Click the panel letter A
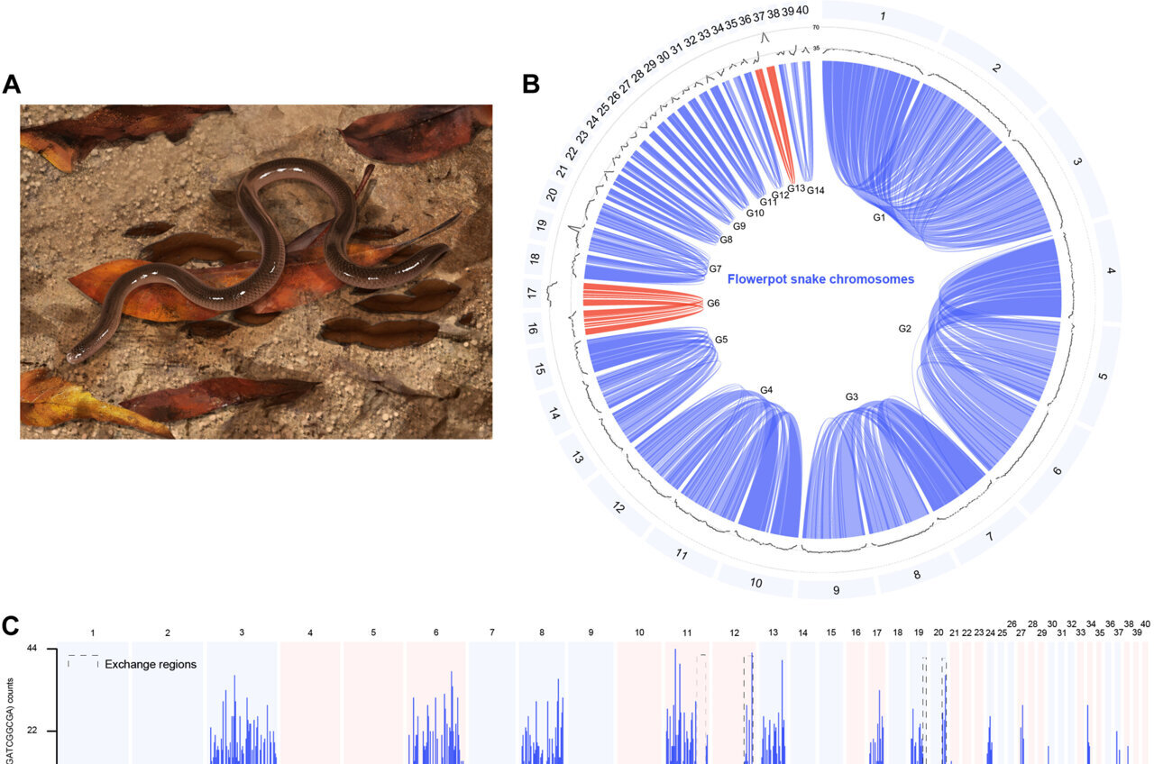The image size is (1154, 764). [x=12, y=84]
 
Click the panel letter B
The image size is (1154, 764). [x=531, y=84]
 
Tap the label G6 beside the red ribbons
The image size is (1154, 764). [x=714, y=304]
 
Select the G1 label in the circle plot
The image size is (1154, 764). [x=880, y=217]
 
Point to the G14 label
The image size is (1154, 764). [x=816, y=190]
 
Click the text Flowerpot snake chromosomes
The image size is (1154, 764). [x=820, y=279]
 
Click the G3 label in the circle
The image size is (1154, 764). [x=852, y=396]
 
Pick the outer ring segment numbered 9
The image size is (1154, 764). [x=836, y=590]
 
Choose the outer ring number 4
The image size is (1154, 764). [x=1111, y=271]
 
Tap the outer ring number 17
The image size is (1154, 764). [x=532, y=293]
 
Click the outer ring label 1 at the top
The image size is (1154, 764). [x=882, y=18]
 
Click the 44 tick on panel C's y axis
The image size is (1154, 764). [x=31, y=649]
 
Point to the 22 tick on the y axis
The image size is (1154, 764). [x=31, y=731]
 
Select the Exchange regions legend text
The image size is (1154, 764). [x=151, y=664]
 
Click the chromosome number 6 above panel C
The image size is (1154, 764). [x=435, y=633]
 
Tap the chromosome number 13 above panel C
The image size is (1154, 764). [x=773, y=633]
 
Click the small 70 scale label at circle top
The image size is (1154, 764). [x=815, y=28]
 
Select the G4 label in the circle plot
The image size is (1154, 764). [x=766, y=389]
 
